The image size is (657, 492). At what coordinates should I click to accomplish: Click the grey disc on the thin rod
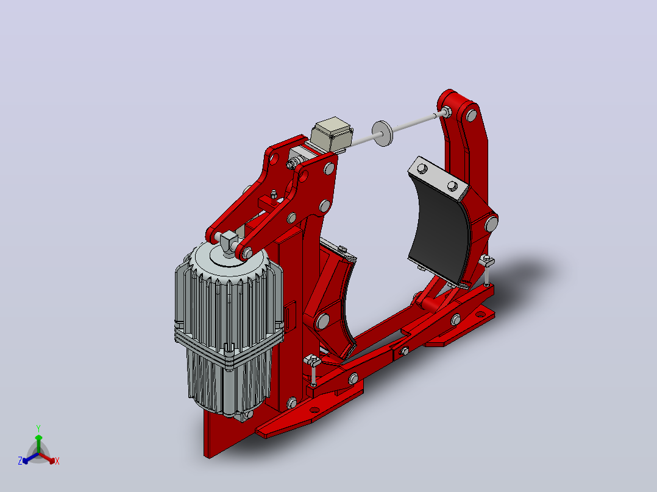383,133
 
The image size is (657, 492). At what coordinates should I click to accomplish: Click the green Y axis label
38,428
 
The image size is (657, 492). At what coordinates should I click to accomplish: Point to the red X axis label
57,461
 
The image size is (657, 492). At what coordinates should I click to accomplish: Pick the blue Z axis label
20,461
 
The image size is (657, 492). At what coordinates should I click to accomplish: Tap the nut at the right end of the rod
446,112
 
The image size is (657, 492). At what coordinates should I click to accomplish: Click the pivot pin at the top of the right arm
472,116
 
